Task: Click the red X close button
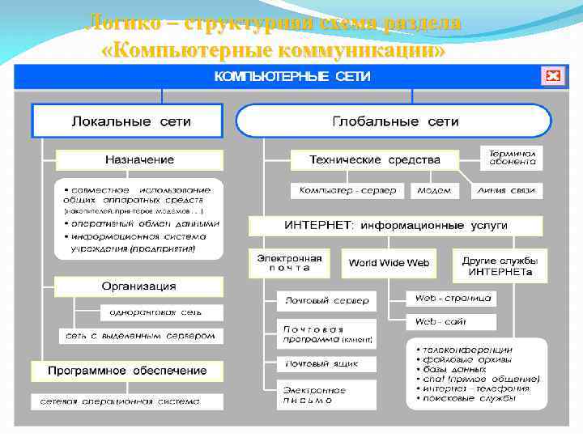click(x=552, y=76)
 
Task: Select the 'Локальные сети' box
click(x=127, y=121)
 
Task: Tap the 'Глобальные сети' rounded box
click(x=394, y=121)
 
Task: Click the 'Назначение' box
click(x=138, y=159)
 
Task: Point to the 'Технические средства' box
click(x=375, y=159)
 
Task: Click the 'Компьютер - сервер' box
click(x=347, y=191)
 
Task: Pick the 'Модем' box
click(x=435, y=191)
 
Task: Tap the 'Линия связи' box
click(x=507, y=191)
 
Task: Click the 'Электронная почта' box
click(x=289, y=262)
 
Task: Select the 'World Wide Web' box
click(x=389, y=262)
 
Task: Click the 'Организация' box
click(x=138, y=286)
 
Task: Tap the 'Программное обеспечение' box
click(x=127, y=371)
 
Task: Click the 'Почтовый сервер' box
click(x=326, y=300)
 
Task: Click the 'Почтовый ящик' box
click(x=321, y=363)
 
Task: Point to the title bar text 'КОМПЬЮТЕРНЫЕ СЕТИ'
click(x=291, y=76)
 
